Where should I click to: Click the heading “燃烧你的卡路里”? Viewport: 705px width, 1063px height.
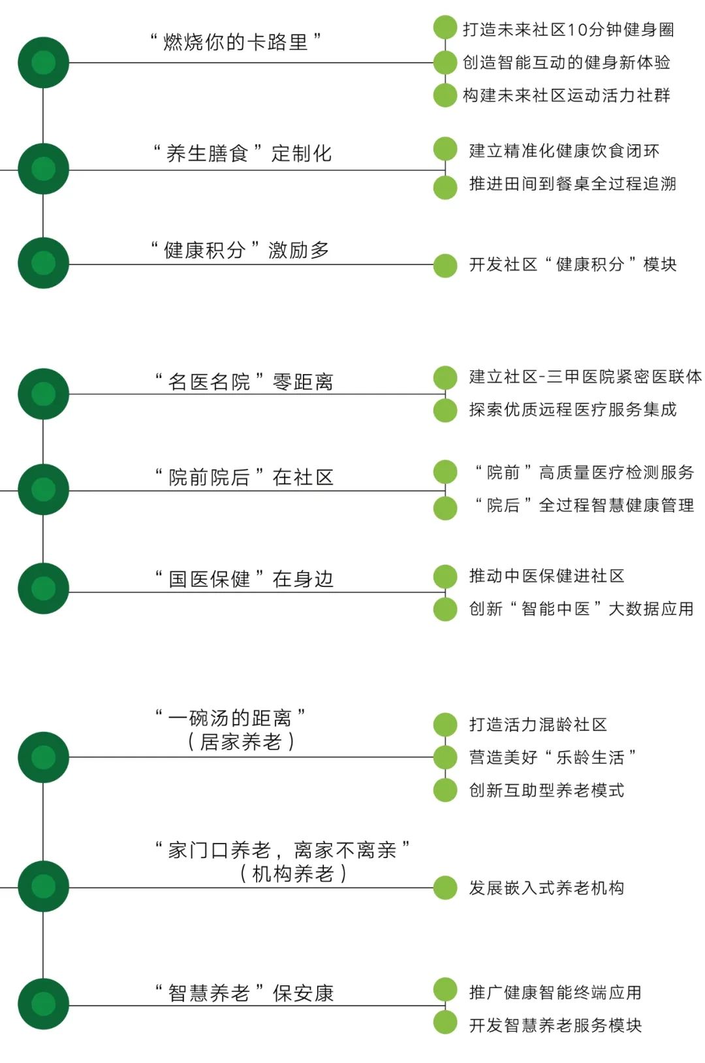(235, 42)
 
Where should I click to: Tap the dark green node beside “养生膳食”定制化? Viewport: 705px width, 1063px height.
(43, 168)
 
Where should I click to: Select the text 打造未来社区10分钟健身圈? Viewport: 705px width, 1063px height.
(568, 29)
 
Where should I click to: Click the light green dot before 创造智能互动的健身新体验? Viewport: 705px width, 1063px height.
(445, 63)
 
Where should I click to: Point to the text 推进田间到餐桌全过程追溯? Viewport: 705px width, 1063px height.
(572, 184)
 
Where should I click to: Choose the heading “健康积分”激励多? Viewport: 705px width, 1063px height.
(240, 250)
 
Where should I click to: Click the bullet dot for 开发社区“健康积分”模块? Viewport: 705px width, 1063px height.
(445, 265)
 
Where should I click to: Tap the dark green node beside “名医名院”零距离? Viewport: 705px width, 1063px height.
(43, 394)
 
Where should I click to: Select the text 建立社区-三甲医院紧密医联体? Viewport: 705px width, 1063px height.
(585, 377)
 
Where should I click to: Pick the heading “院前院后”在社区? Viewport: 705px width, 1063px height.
(244, 477)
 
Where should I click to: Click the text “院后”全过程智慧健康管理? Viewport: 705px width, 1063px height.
(584, 505)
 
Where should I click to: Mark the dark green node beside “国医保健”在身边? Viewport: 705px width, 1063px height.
(43, 589)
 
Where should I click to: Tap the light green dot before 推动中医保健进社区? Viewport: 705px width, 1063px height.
(445, 576)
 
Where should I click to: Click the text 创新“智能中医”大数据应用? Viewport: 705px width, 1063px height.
(581, 609)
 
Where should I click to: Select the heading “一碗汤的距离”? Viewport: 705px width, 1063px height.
(230, 718)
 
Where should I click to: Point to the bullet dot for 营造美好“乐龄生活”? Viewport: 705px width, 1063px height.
(445, 757)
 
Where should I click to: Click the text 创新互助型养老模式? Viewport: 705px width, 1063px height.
(546, 791)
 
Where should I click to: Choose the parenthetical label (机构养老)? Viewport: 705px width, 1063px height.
(293, 874)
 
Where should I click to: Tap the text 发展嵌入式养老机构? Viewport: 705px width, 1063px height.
(546, 888)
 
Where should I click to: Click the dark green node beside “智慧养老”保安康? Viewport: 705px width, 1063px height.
(43, 1004)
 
